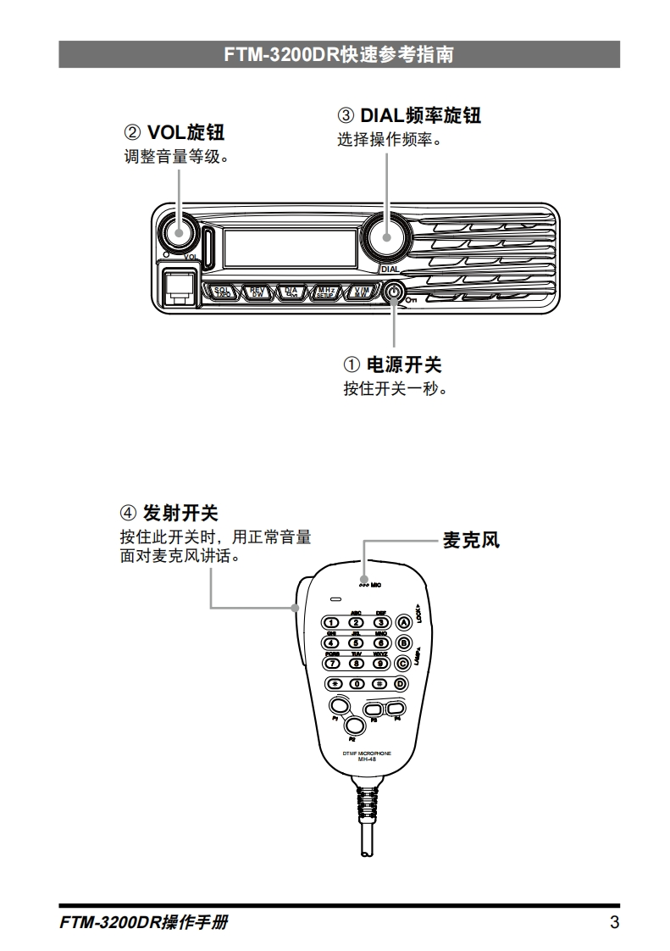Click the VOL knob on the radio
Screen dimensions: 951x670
point(179,231)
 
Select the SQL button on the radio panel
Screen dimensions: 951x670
point(223,292)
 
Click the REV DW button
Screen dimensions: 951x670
point(257,292)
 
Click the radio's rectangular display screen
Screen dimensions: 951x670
point(290,247)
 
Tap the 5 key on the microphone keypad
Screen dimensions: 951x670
point(357,642)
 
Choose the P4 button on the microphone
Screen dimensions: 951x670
point(394,709)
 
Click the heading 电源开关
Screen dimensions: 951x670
point(403,364)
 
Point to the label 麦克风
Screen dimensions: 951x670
point(471,540)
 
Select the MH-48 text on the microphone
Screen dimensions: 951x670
point(366,759)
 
